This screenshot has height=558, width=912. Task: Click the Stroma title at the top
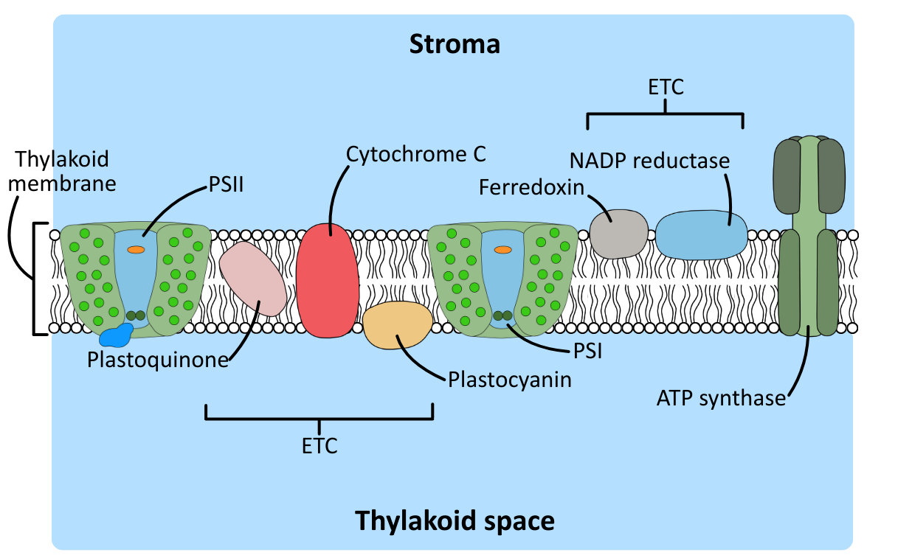tap(455, 44)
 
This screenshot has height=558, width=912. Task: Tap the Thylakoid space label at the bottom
tap(455, 520)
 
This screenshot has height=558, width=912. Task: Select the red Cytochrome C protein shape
tap(327, 280)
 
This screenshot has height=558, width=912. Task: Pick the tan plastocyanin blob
tap(398, 325)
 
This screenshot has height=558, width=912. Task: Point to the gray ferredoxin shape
tap(618, 234)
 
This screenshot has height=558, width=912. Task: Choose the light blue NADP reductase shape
tap(701, 235)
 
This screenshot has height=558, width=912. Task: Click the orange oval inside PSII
tap(136, 249)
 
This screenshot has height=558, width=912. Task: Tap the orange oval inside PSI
tap(502, 249)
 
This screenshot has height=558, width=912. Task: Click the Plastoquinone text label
tap(157, 360)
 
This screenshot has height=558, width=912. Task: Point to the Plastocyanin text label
tap(510, 380)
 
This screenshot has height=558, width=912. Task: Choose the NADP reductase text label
tap(649, 160)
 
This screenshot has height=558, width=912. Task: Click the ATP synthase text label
tap(721, 398)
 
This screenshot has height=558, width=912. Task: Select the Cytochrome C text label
tap(416, 154)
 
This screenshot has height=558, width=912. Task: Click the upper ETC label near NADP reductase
tap(666, 87)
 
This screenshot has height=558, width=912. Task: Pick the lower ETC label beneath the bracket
tap(319, 446)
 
